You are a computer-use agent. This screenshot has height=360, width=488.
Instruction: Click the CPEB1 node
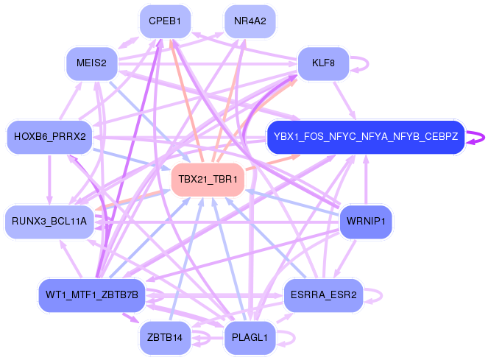(165, 21)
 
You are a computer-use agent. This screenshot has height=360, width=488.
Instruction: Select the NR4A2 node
(250, 21)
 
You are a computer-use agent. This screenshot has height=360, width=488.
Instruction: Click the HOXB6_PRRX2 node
(49, 137)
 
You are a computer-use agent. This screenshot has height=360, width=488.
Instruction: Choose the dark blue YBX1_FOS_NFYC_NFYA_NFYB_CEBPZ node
(365, 137)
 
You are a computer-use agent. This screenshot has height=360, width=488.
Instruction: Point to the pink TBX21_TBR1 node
(207, 180)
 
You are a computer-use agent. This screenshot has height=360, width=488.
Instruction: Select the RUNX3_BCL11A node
(49, 221)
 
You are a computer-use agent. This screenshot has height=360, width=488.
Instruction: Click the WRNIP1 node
(366, 221)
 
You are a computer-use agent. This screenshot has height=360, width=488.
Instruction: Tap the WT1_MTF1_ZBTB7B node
(91, 295)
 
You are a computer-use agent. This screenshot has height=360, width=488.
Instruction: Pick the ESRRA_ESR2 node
(323, 295)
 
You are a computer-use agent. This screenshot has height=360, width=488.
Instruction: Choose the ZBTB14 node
(165, 338)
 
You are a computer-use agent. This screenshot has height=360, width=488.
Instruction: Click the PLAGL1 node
(250, 338)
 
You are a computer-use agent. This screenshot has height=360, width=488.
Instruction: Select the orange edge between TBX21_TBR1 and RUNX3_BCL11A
(136, 195)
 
